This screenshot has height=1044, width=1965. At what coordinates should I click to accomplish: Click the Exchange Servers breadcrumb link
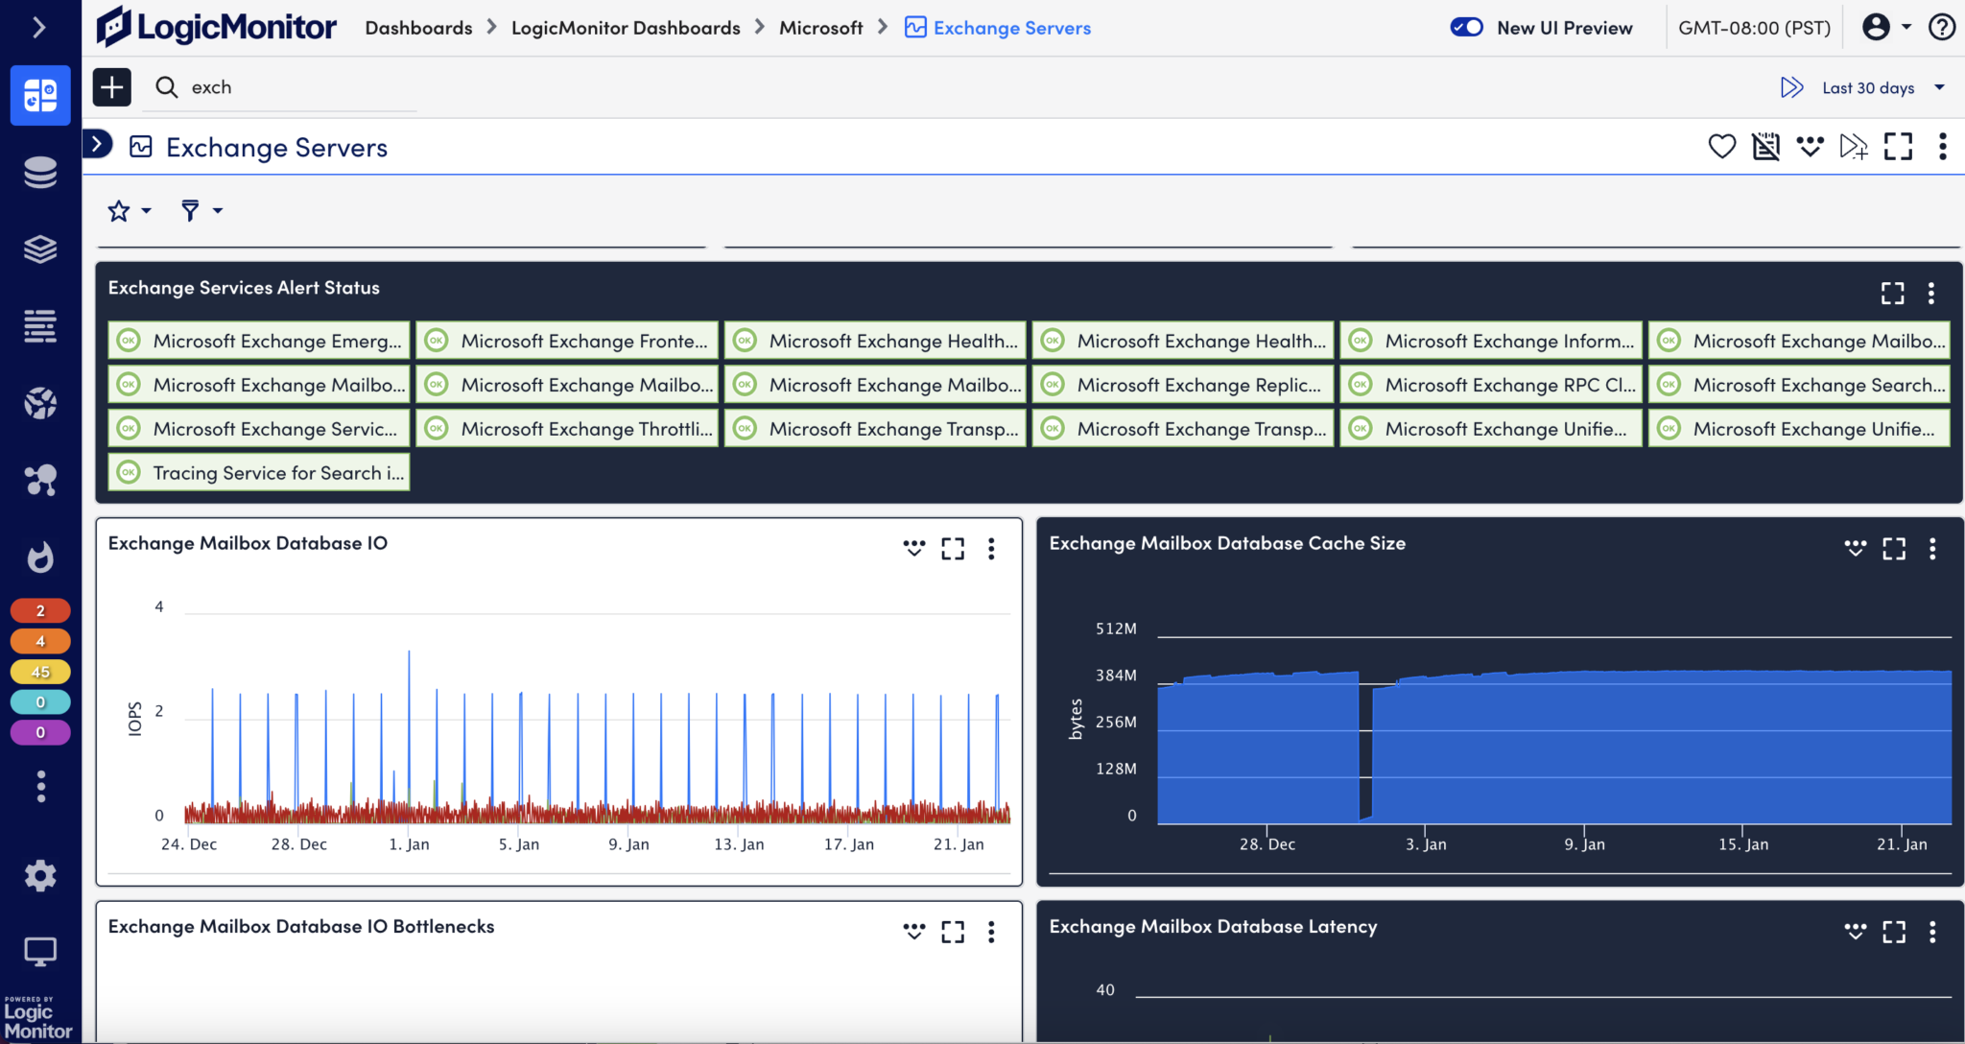[x=1011, y=28]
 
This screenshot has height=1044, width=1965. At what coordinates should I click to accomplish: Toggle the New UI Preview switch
[x=1466, y=28]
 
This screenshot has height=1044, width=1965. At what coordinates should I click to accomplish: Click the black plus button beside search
[x=112, y=87]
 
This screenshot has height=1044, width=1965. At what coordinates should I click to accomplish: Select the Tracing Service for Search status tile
[x=259, y=473]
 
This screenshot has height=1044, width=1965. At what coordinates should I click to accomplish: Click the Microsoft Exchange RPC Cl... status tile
[x=1490, y=385]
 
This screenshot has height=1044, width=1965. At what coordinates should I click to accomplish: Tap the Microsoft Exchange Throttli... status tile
[x=567, y=429]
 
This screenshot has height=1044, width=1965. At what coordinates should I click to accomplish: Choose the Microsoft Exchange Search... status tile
[x=1799, y=385]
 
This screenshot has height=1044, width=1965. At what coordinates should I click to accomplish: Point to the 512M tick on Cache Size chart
[x=1116, y=629]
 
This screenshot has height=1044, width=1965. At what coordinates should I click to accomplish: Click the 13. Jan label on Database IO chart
[x=739, y=844]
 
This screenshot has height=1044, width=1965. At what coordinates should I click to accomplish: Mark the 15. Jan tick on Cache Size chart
[x=1742, y=844]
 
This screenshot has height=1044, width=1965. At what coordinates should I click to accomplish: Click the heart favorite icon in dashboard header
[x=1722, y=147]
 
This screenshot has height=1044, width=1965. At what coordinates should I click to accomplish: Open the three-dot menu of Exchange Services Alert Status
[x=1931, y=293]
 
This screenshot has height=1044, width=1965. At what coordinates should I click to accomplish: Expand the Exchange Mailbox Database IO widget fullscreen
[x=953, y=548]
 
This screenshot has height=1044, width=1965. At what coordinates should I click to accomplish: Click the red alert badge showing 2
[x=40, y=610]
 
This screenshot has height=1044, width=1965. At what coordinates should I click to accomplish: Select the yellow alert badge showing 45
[x=40, y=672]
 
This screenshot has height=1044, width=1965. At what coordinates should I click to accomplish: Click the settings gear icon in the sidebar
[x=40, y=875]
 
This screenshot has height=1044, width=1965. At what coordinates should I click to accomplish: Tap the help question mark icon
[x=1942, y=27]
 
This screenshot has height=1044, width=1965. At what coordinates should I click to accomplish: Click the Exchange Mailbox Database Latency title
[x=1213, y=926]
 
